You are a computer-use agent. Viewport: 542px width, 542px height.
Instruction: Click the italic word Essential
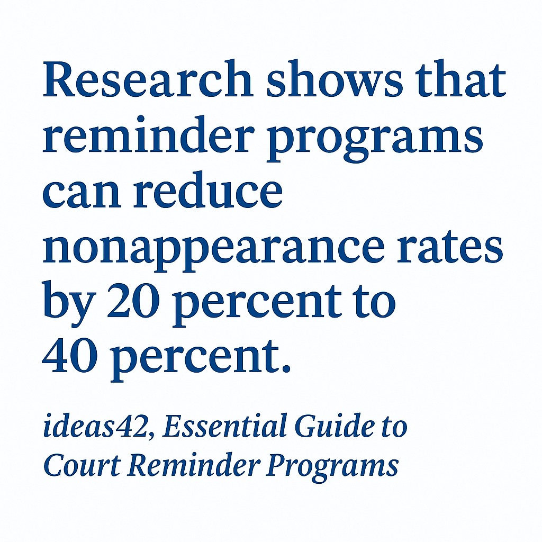(x=222, y=428)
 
